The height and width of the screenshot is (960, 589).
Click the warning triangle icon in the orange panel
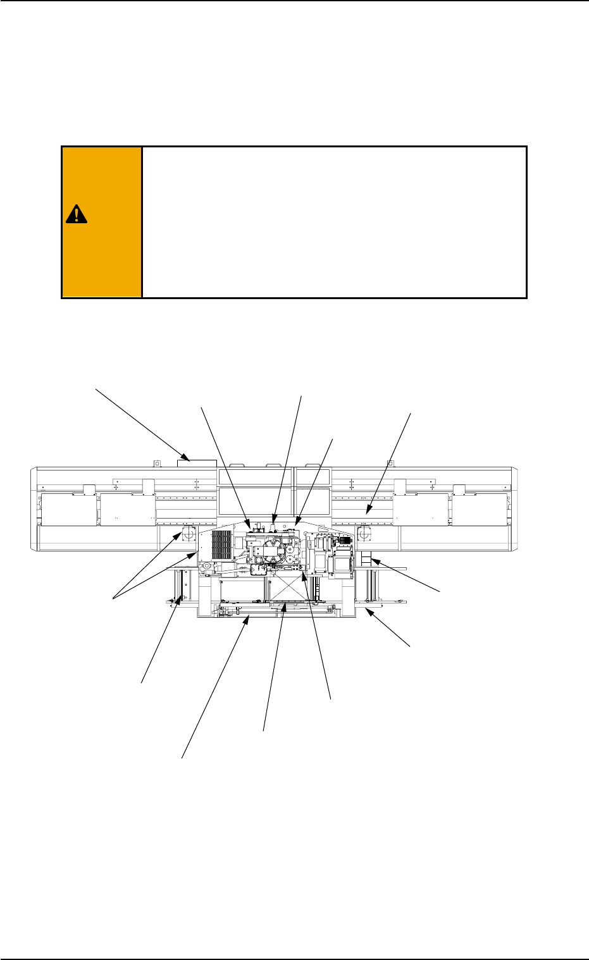76,215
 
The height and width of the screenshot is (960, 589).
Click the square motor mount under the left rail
189,535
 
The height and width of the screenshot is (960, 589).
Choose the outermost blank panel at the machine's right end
480,510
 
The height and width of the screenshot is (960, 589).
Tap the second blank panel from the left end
128,510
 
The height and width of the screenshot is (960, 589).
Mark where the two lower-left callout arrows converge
114,598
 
